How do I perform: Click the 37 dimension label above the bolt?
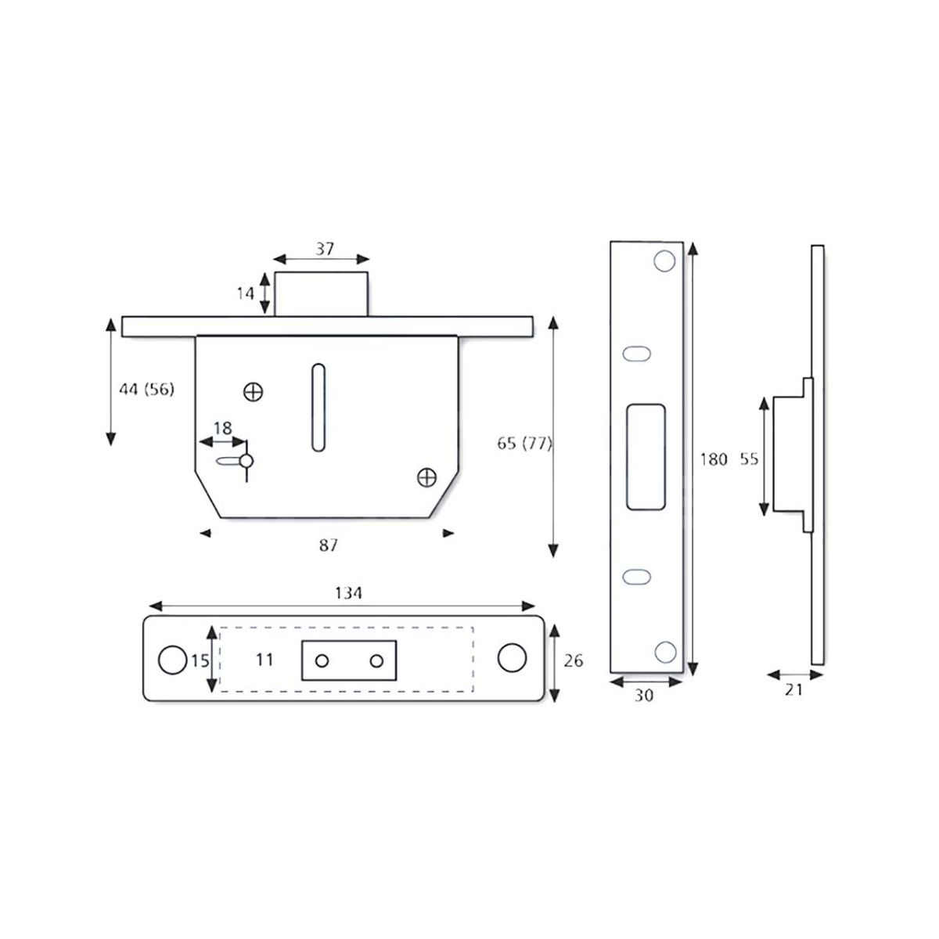tap(325, 249)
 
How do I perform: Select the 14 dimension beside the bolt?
tap(246, 293)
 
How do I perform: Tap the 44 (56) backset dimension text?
tap(146, 389)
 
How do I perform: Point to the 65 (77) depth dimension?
tap(524, 444)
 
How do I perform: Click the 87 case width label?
tap(329, 545)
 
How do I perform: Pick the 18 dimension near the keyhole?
tap(223, 428)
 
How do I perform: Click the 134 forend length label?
tap(348, 593)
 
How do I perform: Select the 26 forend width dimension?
tap(574, 661)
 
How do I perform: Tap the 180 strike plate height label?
tap(713, 459)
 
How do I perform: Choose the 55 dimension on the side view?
tap(749, 459)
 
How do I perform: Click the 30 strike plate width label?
tap(643, 694)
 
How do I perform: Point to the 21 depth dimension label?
tap(793, 690)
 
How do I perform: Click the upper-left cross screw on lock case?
tap(253, 392)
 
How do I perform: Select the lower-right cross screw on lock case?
tap(426, 476)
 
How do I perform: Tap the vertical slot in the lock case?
tap(318, 407)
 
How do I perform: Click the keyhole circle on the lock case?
tap(246, 462)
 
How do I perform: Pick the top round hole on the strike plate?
tap(664, 261)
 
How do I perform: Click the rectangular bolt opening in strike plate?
tap(646, 458)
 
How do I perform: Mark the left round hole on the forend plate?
tap(169, 660)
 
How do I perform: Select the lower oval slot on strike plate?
tap(637, 577)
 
